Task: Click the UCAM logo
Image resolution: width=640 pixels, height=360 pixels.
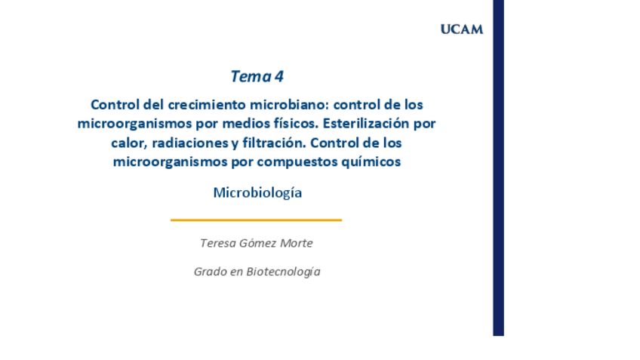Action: pos(461,29)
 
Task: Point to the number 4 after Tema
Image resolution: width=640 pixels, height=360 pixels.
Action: pos(279,76)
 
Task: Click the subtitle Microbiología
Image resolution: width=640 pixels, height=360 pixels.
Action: pos(257,192)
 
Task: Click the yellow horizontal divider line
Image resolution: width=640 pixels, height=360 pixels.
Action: pos(256,220)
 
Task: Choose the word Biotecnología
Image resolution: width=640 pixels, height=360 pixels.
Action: pos(283,272)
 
